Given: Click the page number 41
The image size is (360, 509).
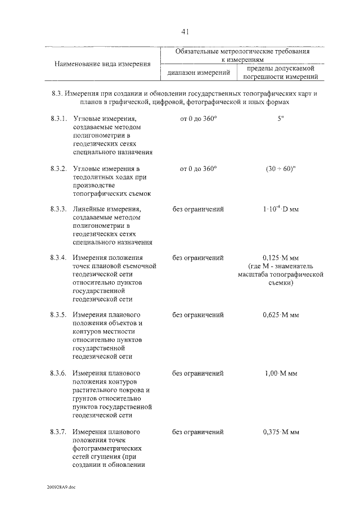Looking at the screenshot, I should tap(184, 32).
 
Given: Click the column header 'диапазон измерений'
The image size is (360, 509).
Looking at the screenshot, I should tap(198, 73).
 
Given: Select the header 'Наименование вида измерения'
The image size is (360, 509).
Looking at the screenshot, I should tap(103, 64).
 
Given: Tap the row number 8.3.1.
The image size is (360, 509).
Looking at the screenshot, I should tap(58, 119).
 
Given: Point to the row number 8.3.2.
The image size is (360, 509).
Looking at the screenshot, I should tap(58, 169).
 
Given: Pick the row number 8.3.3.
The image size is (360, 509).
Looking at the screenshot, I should tap(58, 209).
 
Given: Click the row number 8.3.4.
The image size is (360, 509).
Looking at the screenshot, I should tap(58, 258).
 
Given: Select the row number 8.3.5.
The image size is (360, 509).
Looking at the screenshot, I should tap(58, 315).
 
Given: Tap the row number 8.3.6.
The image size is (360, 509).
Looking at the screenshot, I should tap(58, 373).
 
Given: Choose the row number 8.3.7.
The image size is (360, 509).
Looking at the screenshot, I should tap(58, 432).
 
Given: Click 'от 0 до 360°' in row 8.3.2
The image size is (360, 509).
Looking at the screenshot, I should tap(198, 169).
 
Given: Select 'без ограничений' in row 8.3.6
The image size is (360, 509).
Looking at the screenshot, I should tap(198, 373).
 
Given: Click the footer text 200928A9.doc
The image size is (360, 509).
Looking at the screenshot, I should tap(61, 487).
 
